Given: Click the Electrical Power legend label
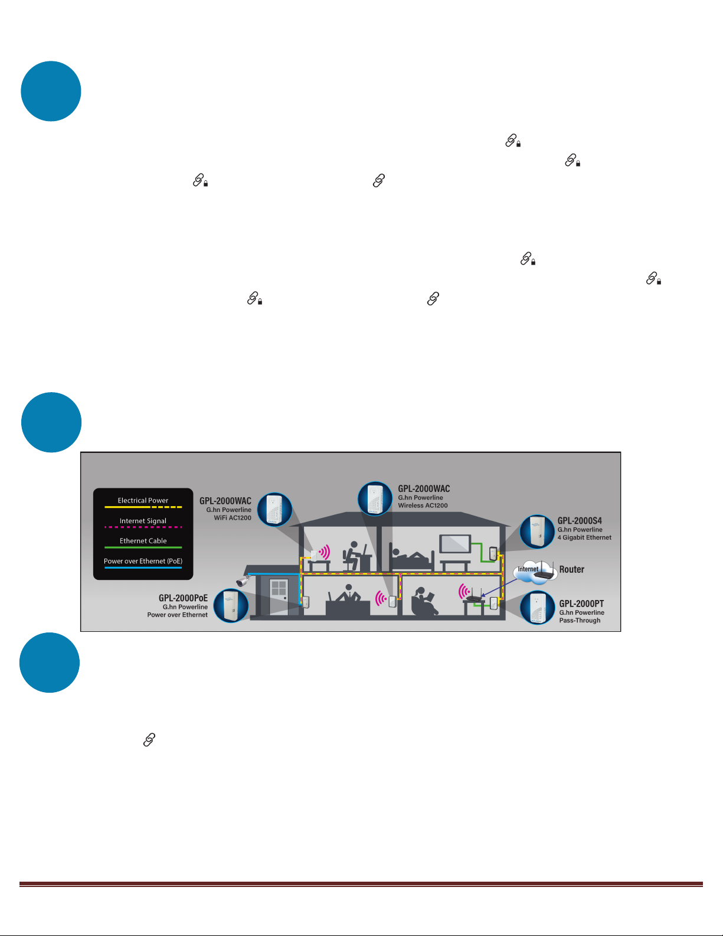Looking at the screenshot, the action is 143,500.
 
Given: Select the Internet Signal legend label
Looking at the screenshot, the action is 143,521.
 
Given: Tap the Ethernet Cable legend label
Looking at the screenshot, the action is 143,540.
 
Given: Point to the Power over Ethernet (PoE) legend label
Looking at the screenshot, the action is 143,561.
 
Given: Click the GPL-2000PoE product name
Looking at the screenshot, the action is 183,598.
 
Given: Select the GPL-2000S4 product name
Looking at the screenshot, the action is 580,520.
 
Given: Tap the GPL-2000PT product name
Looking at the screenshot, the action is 581,604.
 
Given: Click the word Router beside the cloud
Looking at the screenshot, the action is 571,569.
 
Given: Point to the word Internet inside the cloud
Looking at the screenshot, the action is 528,569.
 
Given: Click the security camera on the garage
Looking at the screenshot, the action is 243,580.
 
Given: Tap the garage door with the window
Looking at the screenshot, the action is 279,596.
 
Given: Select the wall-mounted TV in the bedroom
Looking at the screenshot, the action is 455,544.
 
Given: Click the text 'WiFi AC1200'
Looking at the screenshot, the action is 233,518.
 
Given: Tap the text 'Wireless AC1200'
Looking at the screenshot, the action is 423,505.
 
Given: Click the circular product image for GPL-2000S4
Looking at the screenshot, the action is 536,531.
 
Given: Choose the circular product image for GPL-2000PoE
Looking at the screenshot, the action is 231,606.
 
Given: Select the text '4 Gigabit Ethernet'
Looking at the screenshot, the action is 584,537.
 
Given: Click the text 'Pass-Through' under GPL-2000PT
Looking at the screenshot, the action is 580,620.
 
